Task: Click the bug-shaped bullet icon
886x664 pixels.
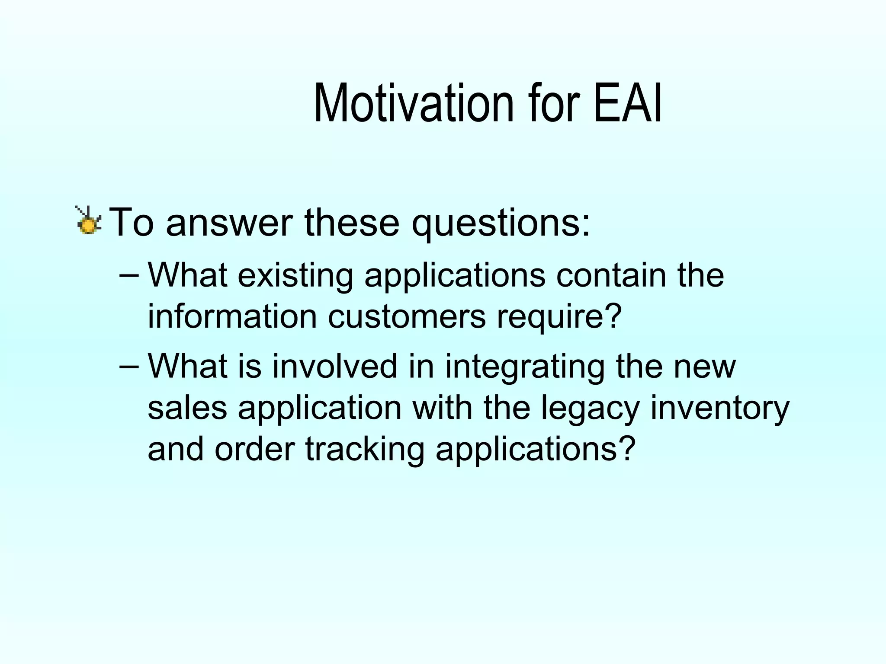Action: coord(89,220)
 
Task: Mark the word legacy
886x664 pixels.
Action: coord(590,409)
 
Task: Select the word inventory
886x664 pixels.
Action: coord(720,409)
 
